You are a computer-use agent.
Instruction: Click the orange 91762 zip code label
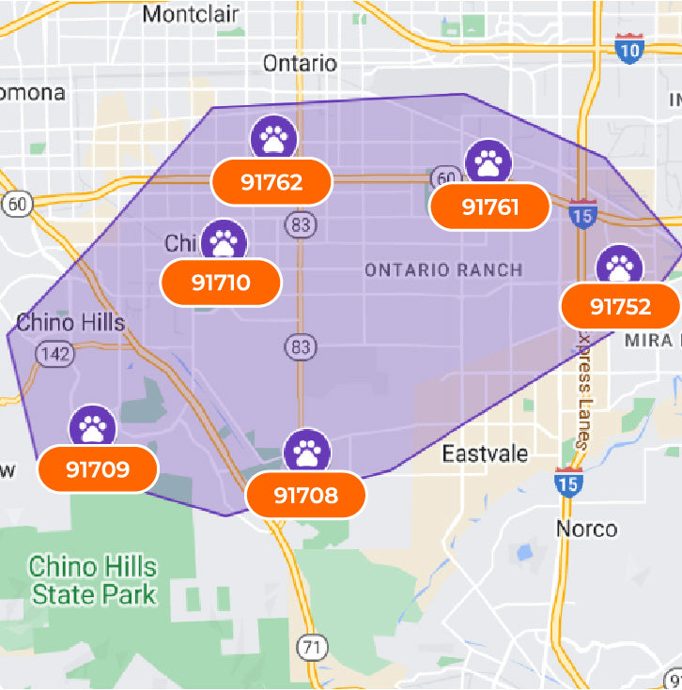coord(271,182)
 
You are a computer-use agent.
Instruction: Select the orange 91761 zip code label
coord(489,207)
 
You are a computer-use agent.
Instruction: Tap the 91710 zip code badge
coord(221,282)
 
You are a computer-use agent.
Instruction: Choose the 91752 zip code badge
coord(620,307)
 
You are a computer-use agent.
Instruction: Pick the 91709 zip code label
coord(98,468)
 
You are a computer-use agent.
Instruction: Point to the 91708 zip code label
coord(305,495)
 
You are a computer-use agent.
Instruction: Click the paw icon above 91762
coord(273,139)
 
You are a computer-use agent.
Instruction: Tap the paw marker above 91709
coord(93,428)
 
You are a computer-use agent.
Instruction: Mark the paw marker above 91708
coord(307,452)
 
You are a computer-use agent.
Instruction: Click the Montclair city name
coord(191,14)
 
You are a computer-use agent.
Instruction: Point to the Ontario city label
coord(300,63)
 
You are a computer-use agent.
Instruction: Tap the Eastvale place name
coord(485,453)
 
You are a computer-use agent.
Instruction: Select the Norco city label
coord(587,528)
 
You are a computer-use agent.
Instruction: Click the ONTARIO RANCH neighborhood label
coord(443,270)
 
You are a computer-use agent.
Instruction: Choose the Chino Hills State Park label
coord(93,580)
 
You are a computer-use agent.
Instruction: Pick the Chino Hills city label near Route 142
coord(70,323)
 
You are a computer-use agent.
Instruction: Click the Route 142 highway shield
coord(50,354)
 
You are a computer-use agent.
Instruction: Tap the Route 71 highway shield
coord(310,647)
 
